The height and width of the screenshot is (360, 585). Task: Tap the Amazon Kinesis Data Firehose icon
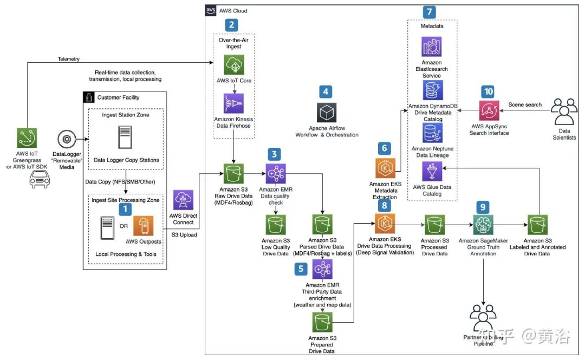pos(233,103)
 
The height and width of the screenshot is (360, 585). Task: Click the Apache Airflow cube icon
pos(327,113)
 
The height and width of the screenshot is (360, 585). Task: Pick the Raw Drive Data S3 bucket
pos(233,173)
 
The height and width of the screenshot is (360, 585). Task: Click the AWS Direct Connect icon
pos(183,200)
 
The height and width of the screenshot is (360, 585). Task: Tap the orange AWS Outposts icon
pos(144,226)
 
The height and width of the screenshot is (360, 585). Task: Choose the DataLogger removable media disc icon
pos(66,139)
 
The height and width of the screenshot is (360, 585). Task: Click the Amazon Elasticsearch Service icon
pos(432,47)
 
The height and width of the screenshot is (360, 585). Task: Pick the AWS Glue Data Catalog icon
pos(432,173)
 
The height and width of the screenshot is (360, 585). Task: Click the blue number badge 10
pos(489,91)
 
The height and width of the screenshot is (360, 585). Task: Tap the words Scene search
pos(524,104)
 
